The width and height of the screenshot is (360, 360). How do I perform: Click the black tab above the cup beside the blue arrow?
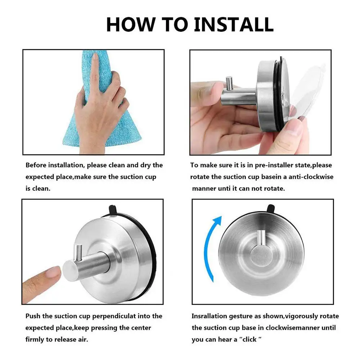(x=270, y=208)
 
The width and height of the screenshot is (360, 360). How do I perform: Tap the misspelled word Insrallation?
(x=210, y=316)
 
